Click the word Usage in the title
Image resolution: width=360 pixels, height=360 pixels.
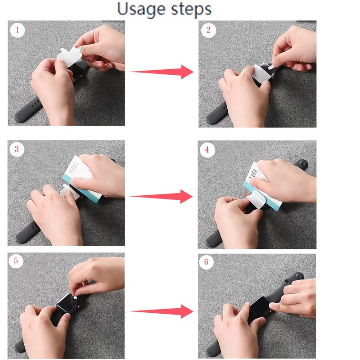tap(141, 9)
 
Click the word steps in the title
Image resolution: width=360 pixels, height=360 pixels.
tap(192, 9)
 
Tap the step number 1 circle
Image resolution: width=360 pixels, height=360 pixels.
tap(18, 30)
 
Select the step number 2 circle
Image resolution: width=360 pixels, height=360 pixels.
tap(208, 30)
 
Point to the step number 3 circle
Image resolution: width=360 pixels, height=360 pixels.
tap(17, 149)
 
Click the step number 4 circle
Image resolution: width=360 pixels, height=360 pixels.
tap(207, 150)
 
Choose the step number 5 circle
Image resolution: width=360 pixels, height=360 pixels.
tap(16, 261)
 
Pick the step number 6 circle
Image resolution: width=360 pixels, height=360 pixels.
tap(207, 262)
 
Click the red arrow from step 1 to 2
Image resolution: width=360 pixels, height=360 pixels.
tap(162, 72)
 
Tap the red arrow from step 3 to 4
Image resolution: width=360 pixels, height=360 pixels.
tap(161, 196)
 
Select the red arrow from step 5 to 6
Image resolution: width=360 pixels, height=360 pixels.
tap(162, 311)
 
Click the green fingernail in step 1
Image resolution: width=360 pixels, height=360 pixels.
tap(80, 48)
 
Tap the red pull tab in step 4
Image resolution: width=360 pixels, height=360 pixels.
tap(247, 195)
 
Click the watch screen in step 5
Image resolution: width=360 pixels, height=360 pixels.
tap(69, 303)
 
